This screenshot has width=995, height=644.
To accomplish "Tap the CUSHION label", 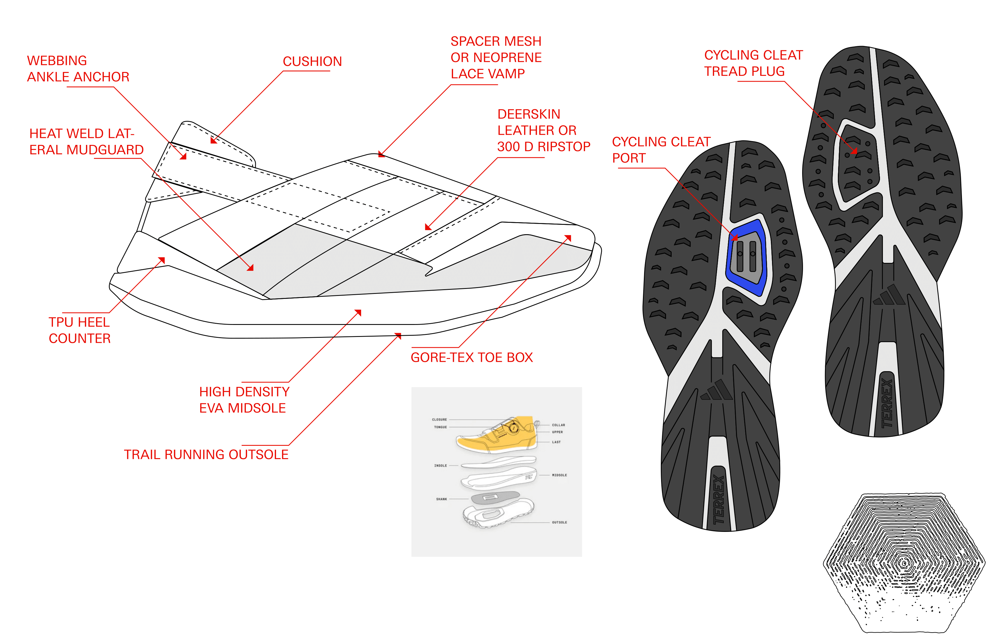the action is (x=312, y=61).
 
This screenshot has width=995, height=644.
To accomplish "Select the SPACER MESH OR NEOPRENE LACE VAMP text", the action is (x=496, y=57).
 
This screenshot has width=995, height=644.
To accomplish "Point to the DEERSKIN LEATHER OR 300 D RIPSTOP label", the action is (x=543, y=130).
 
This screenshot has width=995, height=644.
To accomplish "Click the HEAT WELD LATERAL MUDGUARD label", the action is (x=86, y=142).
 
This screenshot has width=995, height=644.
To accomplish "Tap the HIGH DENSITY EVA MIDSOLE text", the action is (x=244, y=400).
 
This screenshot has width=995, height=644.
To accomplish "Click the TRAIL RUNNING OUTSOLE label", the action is (x=206, y=455).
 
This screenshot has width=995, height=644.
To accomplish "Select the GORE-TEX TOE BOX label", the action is (x=471, y=357).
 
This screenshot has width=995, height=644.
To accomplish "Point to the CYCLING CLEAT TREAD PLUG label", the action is (x=753, y=63).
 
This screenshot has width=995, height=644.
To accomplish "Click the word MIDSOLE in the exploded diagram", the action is (x=559, y=475).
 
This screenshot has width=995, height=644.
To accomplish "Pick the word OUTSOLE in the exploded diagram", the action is (x=559, y=522).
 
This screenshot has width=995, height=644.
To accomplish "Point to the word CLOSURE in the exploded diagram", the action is (x=439, y=419).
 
